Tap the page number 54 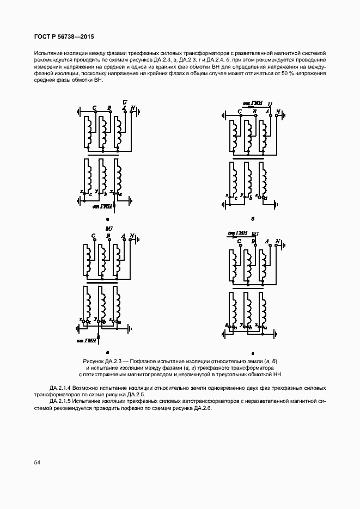[x=37, y=462]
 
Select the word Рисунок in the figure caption [x=94, y=361]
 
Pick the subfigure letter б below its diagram [x=253, y=219]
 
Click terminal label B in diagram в [x=109, y=236]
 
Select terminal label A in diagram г [x=266, y=241]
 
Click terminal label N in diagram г [x=278, y=241]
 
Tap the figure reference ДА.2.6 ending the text [x=200, y=407]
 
